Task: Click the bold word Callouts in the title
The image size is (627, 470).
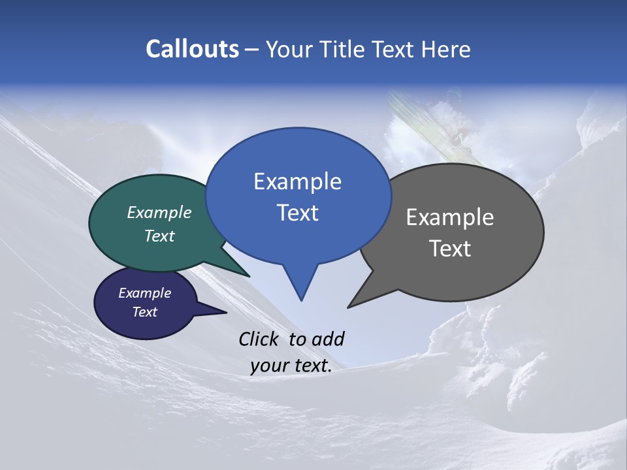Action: coord(192,49)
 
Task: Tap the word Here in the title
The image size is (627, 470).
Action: coord(446,49)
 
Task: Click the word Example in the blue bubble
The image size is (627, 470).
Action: coord(297,181)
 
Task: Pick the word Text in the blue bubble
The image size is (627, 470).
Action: coord(297,213)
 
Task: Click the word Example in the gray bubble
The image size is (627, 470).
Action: coord(450,217)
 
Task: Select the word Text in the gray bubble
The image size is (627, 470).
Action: coord(450,249)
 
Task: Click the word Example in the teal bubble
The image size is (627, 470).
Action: coord(159,213)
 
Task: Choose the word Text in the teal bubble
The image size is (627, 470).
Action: coord(159,236)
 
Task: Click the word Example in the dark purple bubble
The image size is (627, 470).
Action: coord(144,293)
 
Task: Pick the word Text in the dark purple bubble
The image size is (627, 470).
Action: coord(144,312)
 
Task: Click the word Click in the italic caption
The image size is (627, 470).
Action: coord(260,339)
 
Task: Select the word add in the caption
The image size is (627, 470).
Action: coord(328,339)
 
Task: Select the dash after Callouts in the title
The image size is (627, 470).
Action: coord(253,50)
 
